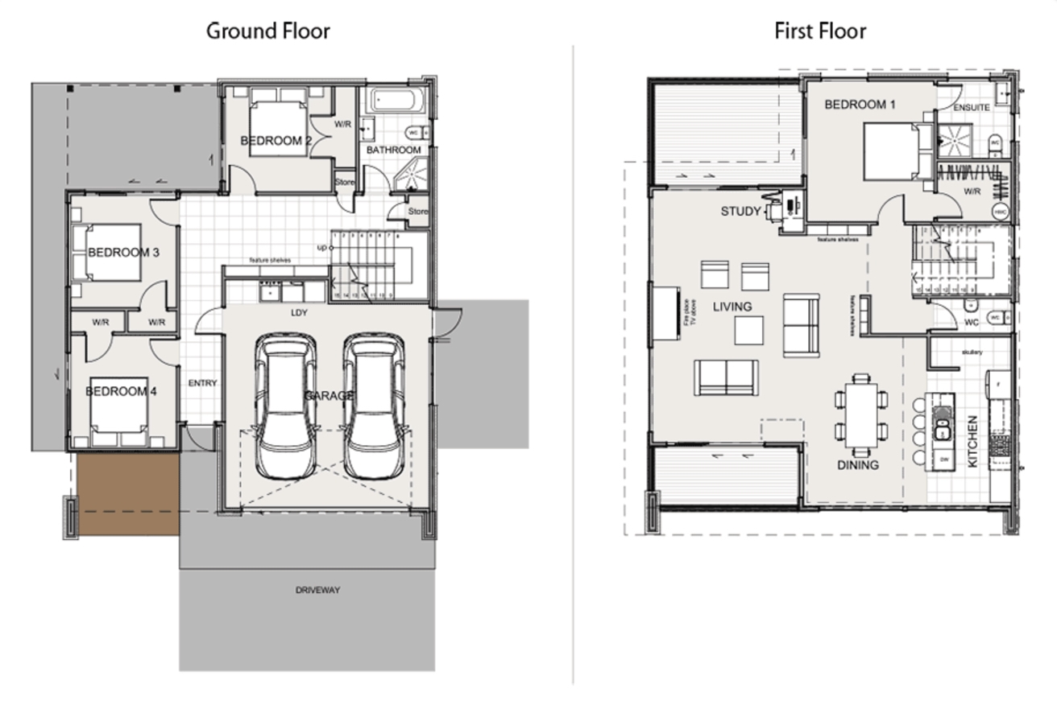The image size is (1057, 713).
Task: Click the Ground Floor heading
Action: coord(268,31)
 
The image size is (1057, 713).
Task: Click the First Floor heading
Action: coord(820,31)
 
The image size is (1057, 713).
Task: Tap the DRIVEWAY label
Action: coord(317,590)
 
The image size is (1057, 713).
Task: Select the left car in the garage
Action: coord(285,406)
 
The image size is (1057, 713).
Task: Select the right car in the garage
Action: coord(374,406)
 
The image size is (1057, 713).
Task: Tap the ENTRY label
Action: coord(202,384)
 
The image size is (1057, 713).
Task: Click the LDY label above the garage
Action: coord(299,312)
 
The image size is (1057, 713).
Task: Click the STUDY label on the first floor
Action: coord(740,212)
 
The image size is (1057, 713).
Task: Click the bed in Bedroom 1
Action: coord(891,150)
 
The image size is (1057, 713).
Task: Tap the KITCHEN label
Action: coord(972,441)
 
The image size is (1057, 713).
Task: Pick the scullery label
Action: coord(972,352)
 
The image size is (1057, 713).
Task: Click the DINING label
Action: coord(857,465)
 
